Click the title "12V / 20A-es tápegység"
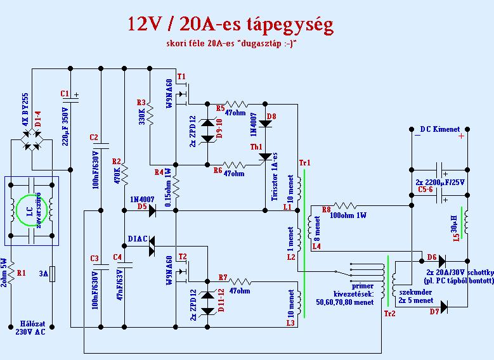click(230, 25)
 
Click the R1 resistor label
click(22, 273)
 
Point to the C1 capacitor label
click(64, 94)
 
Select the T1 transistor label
click(181, 77)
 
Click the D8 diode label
click(271, 116)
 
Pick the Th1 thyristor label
click(256, 146)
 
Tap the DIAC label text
click(137, 239)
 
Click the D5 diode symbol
click(152, 212)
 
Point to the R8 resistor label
click(326, 209)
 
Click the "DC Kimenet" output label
click(440, 129)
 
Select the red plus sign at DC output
click(461, 135)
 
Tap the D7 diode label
click(434, 312)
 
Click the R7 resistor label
click(222, 277)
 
